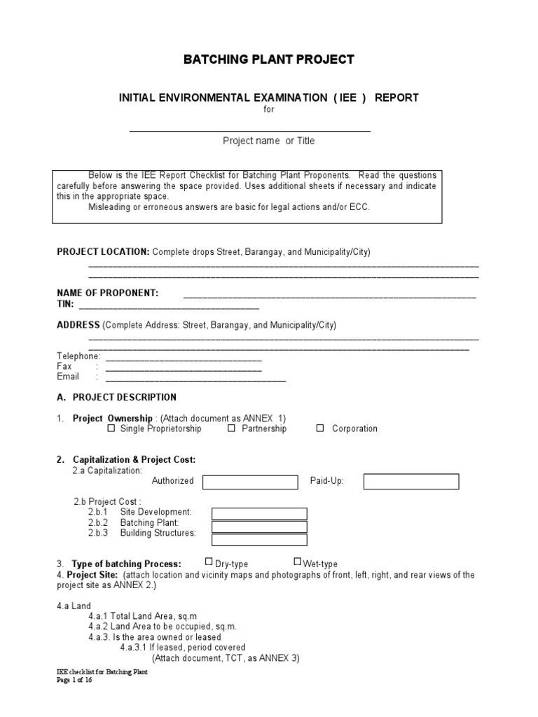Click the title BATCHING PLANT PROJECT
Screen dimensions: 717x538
tap(269, 60)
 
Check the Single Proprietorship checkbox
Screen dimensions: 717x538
tap(111, 428)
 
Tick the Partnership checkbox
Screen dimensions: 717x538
tap(231, 428)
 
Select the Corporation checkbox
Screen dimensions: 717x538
tap(320, 428)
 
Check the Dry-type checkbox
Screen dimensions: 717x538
tap(209, 562)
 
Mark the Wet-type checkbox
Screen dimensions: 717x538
tap(298, 562)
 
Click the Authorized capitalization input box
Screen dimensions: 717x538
tap(250, 482)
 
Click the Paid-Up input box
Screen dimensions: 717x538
tap(411, 481)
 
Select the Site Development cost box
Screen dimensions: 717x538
tap(259, 514)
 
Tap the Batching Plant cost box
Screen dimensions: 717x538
tap(259, 527)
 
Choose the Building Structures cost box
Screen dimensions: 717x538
tap(259, 540)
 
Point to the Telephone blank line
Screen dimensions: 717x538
tap(183, 358)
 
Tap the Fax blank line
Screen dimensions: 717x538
tap(183, 369)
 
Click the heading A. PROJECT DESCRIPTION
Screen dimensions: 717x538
tap(116, 397)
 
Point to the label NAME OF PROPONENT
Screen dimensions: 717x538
tap(107, 293)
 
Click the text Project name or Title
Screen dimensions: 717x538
tap(269, 141)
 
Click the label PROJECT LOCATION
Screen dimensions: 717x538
tap(103, 251)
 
